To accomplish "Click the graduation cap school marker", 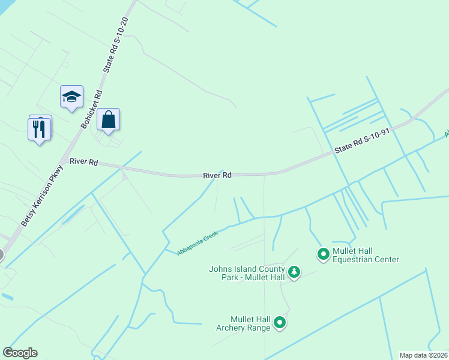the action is [71, 97].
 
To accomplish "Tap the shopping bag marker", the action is [108, 120].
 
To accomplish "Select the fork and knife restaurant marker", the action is [39, 129].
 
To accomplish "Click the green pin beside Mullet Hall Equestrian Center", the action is [324, 254].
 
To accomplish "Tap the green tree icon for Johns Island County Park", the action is [294, 273].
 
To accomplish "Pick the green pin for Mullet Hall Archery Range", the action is [280, 323].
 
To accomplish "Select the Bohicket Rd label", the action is [92, 110].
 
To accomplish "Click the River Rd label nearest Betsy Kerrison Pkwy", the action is [83, 162].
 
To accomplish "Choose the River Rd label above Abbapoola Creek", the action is [217, 175].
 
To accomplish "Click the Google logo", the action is [20, 353].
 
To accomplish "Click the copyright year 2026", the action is [439, 355].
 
